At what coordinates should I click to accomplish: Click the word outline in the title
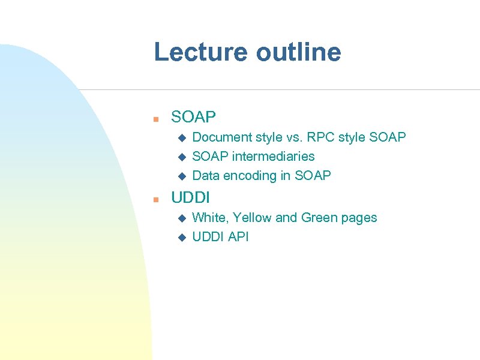(298, 52)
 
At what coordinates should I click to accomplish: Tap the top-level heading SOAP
(193, 116)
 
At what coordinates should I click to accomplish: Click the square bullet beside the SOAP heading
(155, 118)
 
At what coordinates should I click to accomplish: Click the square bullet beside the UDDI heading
(155, 198)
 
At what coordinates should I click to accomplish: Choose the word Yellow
(252, 218)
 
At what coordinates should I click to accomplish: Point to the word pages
(359, 218)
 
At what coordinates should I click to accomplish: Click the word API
(238, 237)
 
